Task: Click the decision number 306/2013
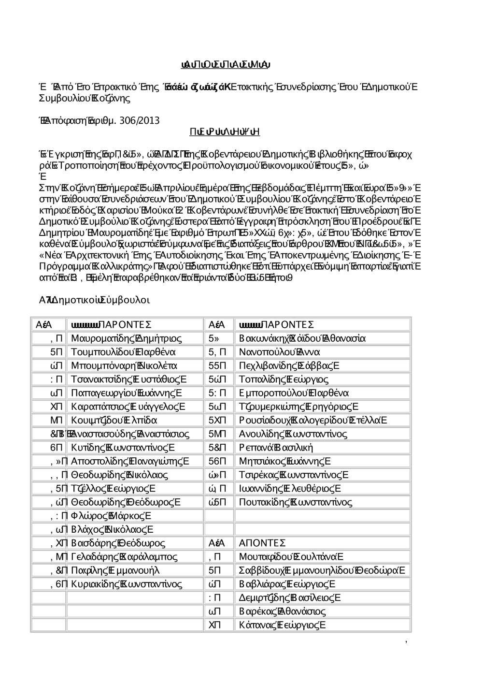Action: click(141, 120)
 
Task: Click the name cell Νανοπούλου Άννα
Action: click(280, 351)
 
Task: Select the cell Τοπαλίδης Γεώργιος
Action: click(284, 379)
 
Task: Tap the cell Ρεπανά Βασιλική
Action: click(276, 447)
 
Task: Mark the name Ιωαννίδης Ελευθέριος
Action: click(290, 488)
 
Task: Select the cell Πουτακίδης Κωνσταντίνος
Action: click(296, 502)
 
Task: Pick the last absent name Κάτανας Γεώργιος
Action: click(283, 625)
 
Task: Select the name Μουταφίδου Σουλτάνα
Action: click(291, 556)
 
